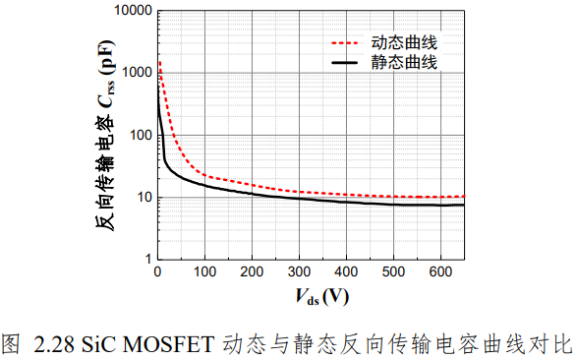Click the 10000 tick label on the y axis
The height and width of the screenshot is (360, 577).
pos(133,10)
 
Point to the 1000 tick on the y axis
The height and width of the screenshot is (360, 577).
pos(137,73)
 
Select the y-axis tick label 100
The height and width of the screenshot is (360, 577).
pos(141,135)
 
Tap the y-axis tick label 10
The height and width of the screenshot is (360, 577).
pos(144,198)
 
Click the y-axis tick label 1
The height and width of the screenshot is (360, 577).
pos(148,259)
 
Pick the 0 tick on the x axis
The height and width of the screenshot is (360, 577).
pos(157,271)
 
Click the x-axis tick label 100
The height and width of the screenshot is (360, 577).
pos(204,271)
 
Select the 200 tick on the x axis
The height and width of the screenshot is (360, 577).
pos(252,271)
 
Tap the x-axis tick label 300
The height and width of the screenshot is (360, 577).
pos(299,271)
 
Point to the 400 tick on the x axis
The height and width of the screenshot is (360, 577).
pos(346,271)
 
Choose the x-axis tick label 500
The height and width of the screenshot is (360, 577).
pos(393,271)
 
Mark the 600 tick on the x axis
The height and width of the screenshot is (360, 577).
pos(440,271)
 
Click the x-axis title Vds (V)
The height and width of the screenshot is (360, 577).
pos(322,297)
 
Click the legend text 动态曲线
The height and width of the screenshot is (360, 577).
pos(404,42)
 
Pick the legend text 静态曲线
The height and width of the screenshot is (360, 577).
pos(404,62)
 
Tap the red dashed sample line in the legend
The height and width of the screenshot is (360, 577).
pos(345,43)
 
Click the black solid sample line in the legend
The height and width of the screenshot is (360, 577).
pos(345,63)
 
